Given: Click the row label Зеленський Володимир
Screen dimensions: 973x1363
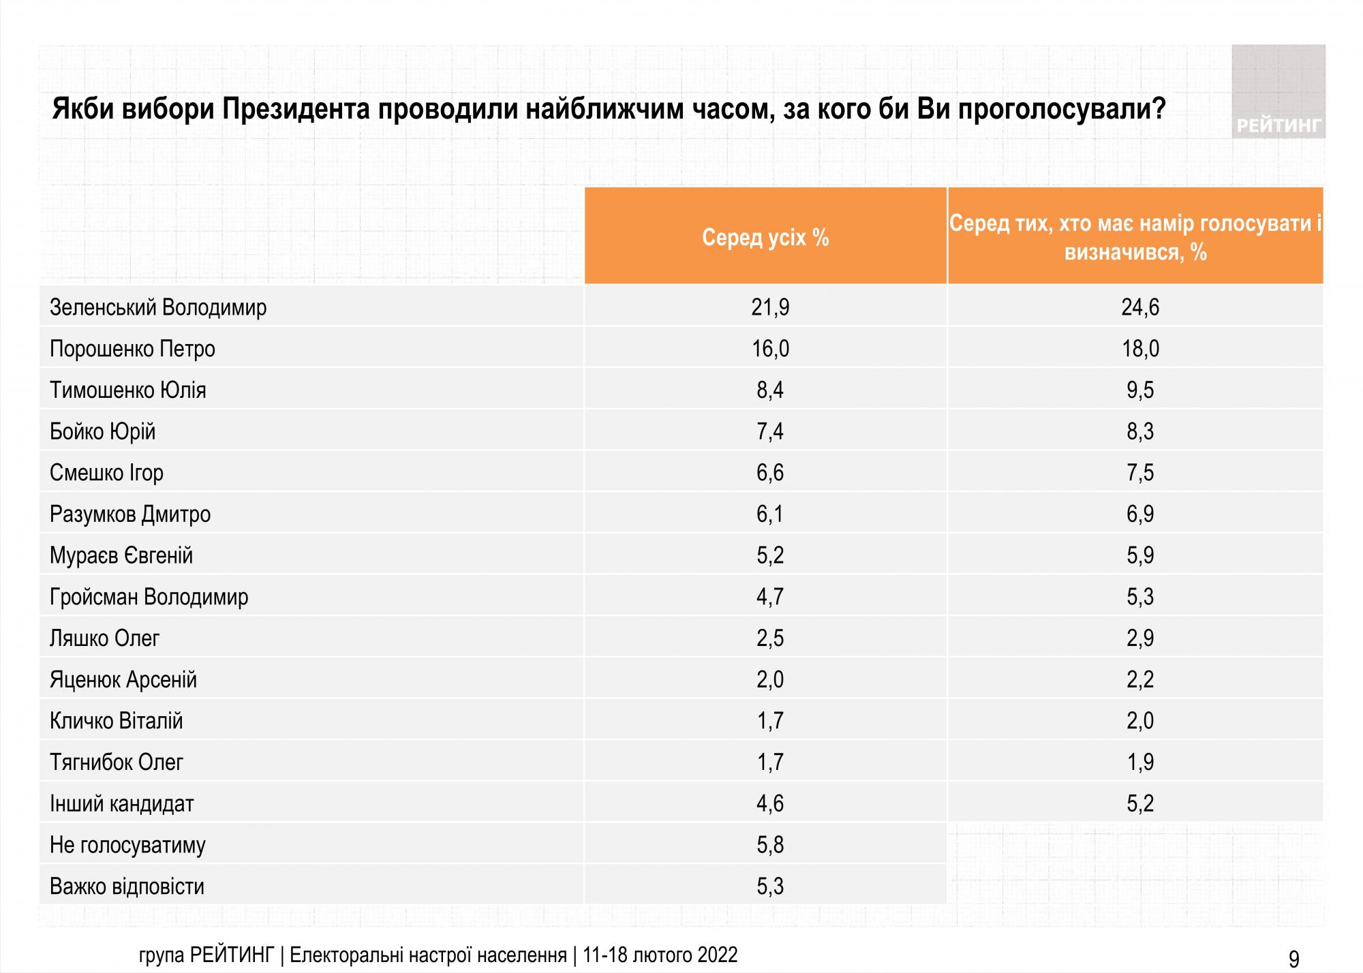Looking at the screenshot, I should click(158, 308).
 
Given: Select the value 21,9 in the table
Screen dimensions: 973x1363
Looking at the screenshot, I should click(770, 307).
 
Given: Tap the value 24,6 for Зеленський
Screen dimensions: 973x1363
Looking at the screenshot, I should click(1140, 307).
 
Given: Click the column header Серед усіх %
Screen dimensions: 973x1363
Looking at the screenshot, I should click(765, 237).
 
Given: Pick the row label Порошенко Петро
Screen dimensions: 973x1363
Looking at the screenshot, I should click(132, 349).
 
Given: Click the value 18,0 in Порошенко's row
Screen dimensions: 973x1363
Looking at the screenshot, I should click(1140, 349).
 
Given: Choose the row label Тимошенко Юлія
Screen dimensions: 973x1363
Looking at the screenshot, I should click(127, 390).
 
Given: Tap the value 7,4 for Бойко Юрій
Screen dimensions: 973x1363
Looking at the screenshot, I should click(770, 431).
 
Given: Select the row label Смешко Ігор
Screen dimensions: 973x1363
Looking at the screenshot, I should click(106, 473).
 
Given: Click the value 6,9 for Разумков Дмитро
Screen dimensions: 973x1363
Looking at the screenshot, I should click(1140, 514).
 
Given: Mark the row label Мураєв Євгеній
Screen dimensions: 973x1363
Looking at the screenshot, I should click(121, 555).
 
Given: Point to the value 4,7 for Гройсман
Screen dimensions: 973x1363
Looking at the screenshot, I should click(770, 597).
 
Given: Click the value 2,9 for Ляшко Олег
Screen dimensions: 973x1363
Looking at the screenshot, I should click(1140, 638).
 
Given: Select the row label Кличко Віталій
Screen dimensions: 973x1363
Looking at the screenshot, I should click(116, 721).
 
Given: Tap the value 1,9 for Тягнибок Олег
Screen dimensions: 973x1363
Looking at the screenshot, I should click(1140, 762).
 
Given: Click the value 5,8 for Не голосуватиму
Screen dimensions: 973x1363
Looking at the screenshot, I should click(770, 845).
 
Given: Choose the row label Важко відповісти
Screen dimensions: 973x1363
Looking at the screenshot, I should click(127, 886).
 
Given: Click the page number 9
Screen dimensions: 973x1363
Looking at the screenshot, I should click(1293, 959).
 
